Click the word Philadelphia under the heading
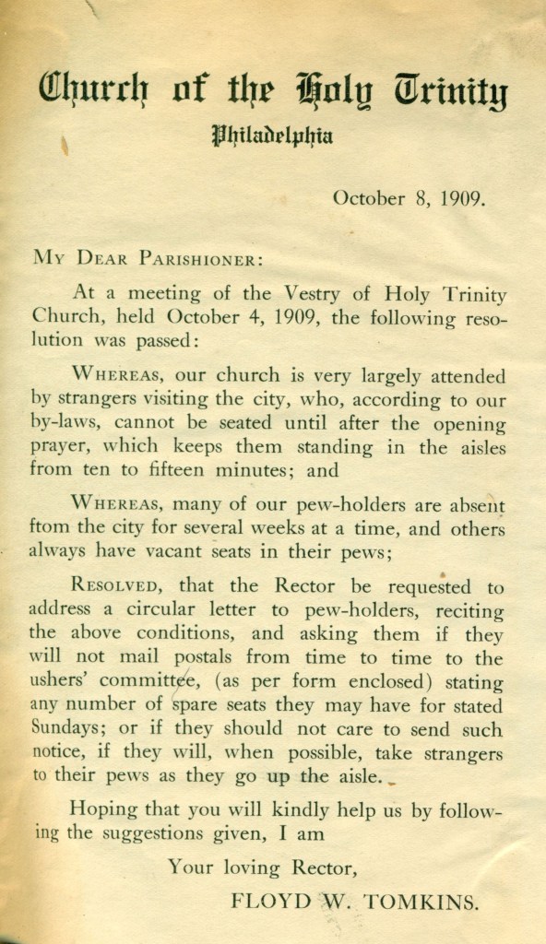[x=272, y=137]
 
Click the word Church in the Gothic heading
[x=91, y=90]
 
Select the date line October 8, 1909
[x=409, y=197]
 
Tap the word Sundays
[x=64, y=730]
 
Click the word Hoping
[x=101, y=809]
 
